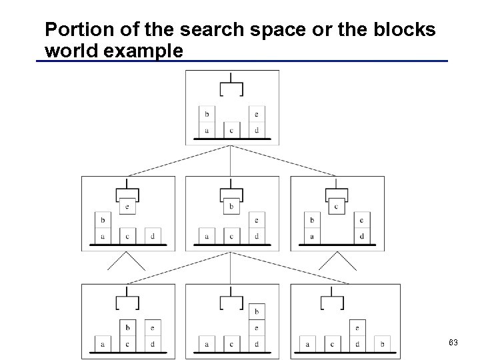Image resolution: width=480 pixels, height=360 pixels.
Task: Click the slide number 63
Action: (x=453, y=343)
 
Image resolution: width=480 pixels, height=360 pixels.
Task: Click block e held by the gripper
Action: (x=127, y=206)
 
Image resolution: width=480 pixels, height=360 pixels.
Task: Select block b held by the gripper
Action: (x=231, y=206)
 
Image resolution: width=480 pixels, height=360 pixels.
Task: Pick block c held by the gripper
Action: (x=336, y=206)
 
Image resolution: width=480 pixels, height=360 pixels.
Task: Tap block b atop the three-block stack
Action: (x=256, y=312)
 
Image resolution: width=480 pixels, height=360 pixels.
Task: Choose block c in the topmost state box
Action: (x=231, y=130)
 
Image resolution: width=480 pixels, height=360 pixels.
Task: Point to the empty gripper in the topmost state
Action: (x=231, y=87)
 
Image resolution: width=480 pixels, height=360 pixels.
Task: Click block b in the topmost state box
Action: (x=206, y=114)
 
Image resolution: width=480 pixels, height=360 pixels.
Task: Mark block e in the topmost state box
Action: (x=256, y=114)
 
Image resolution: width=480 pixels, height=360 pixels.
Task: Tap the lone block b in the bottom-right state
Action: (x=381, y=344)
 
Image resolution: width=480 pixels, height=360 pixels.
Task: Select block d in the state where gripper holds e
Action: (x=152, y=236)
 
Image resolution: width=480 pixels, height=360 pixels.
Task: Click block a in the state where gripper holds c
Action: (x=311, y=236)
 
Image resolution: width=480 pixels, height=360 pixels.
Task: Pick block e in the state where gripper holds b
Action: (x=256, y=220)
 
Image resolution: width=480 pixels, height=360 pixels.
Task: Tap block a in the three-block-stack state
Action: (x=206, y=344)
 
